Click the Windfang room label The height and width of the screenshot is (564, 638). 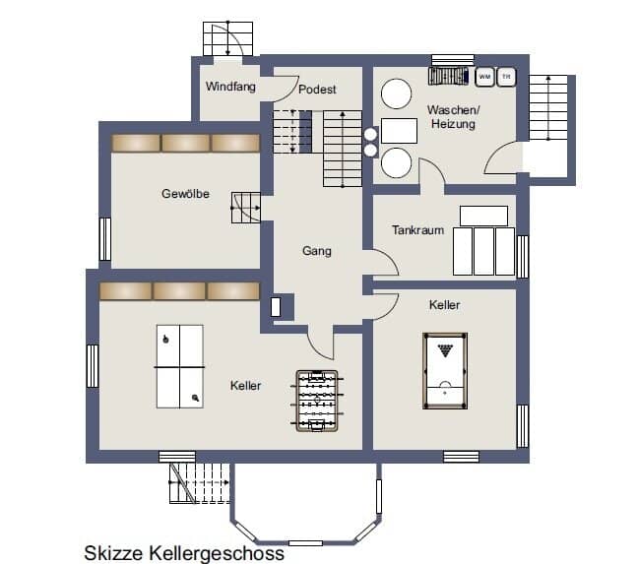230,87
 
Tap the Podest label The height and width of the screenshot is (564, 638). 317,90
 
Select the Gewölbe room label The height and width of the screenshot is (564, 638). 185,194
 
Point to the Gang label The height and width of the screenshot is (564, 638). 317,251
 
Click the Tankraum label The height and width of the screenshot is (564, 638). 417,230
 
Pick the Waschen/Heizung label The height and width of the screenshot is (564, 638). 453,117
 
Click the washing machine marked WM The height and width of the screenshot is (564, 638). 484,77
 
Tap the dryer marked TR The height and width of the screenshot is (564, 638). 506,77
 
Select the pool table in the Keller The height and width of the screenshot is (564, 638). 445,371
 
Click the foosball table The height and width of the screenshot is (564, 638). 317,401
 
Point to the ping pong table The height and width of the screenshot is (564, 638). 180,366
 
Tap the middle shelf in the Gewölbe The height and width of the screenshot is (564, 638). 186,143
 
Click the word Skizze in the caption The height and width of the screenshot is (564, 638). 113,553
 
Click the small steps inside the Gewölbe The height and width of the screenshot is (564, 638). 246,208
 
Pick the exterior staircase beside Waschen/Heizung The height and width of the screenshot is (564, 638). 548,107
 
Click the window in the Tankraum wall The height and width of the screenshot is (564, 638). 523,257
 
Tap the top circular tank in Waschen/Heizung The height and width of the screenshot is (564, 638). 396,94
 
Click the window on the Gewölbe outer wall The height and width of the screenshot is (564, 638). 105,239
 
